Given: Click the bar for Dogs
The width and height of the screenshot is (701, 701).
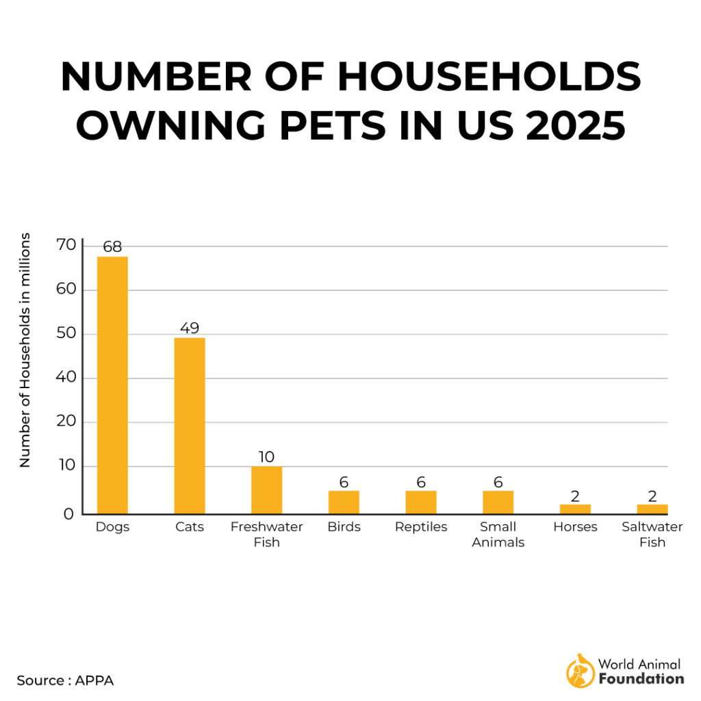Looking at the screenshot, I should click(112, 385).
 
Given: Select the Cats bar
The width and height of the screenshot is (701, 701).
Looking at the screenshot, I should click(190, 425).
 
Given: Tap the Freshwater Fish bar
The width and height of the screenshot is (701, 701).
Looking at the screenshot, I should click(266, 490).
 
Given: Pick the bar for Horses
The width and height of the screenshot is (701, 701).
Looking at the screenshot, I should click(575, 509).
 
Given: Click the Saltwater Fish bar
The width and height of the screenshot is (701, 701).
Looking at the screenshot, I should click(652, 509).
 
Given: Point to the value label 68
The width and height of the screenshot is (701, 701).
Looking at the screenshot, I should click(112, 246).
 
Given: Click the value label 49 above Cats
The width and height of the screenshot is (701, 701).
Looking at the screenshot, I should click(190, 328).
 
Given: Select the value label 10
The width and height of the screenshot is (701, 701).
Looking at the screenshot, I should click(266, 457).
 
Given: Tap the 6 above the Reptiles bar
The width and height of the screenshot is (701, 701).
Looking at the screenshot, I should click(421, 482).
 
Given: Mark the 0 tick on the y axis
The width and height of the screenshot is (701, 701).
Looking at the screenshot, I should click(68, 513).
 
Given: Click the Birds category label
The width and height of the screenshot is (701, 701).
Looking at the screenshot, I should click(344, 527).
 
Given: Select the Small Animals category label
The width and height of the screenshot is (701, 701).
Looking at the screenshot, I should click(498, 535).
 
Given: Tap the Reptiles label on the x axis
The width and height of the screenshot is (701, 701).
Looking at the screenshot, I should click(421, 527).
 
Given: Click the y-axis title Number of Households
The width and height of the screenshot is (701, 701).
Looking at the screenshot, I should click(25, 350).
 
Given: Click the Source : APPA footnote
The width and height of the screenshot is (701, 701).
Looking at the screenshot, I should click(66, 680).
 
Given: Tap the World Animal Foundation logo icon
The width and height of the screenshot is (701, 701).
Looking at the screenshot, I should click(580, 670).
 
